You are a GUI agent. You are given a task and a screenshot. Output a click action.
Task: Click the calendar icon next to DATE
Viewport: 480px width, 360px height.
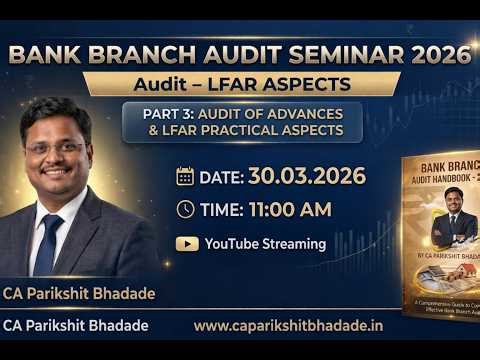[185, 176]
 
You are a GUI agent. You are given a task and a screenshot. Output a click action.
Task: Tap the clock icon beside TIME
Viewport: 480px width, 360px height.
[185, 209]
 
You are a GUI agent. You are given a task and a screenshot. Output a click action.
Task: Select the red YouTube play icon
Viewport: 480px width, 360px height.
[186, 243]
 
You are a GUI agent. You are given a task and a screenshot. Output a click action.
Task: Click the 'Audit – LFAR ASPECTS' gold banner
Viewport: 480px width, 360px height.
[241, 84]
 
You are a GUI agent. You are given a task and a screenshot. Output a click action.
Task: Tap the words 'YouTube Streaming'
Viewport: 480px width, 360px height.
[265, 243]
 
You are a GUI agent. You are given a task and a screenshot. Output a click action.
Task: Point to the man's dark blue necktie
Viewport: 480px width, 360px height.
[46, 240]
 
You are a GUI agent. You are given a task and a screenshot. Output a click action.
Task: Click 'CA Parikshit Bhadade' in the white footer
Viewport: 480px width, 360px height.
[75, 326]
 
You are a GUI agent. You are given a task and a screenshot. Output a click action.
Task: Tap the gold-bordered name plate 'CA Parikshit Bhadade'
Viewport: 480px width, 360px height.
[77, 293]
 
